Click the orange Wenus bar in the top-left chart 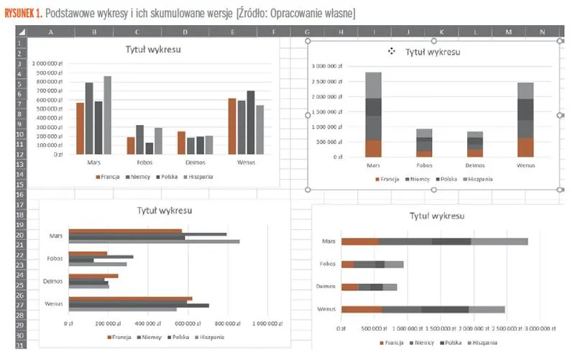point(231,126)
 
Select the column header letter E point(232,32)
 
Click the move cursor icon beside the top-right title point(392,51)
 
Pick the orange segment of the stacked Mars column point(373,148)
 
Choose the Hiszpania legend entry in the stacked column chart point(479,179)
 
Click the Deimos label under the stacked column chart point(475,165)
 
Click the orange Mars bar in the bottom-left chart point(126,231)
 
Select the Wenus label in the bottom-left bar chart point(53,304)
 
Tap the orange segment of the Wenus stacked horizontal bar point(362,309)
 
